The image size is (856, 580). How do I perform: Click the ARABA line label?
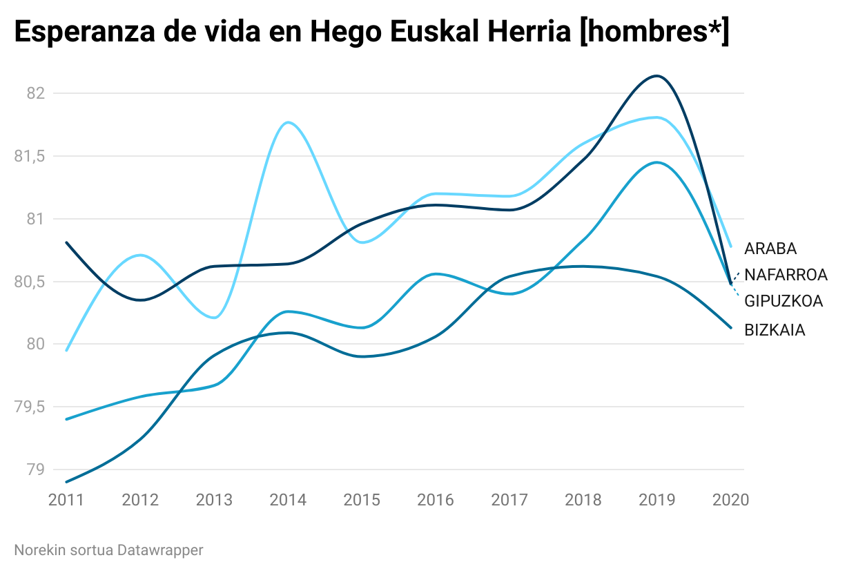tap(770, 249)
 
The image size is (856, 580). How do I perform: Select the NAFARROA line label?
tap(786, 275)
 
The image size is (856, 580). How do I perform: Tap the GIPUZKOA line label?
tap(784, 301)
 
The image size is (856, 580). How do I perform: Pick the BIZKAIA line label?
tap(775, 330)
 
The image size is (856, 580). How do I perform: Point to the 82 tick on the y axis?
tap(35, 93)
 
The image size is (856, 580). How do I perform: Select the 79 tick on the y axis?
tap(35, 470)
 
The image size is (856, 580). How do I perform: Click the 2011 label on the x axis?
tap(66, 500)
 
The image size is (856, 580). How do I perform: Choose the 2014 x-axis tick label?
tap(288, 500)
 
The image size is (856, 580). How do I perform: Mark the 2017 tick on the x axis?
tap(509, 500)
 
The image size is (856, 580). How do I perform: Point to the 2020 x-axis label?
tap(730, 500)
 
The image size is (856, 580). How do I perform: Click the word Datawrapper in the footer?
tap(160, 550)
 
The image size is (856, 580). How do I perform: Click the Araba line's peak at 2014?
tap(288, 122)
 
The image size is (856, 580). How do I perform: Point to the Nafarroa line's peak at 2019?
tap(656, 76)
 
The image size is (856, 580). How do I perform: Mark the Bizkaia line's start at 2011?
tap(67, 482)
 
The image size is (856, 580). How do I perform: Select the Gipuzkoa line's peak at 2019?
tap(656, 162)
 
